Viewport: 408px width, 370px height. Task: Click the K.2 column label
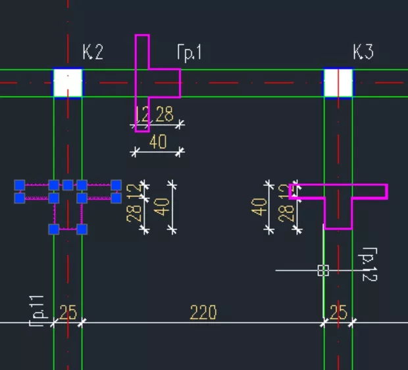pos(93,53)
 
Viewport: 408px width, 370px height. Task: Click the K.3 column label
pos(363,53)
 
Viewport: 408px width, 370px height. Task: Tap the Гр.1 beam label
pos(189,53)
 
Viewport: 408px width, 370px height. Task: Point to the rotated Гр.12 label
pos(369,264)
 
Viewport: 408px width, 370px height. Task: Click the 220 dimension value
pos(203,313)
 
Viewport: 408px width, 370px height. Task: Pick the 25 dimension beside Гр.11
pos(68,313)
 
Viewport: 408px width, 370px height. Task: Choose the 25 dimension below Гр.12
pos(338,313)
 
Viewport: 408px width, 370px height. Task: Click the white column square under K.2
pos(68,83)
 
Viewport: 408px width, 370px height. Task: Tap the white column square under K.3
pos(338,83)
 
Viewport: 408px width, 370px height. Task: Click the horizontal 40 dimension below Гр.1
pos(158,142)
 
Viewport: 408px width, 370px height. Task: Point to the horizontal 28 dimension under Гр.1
pos(165,115)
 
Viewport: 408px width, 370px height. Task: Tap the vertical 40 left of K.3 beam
pos(260,206)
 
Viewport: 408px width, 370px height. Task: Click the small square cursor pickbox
pos(322,270)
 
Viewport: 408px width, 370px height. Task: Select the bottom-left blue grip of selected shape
pos(54,229)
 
